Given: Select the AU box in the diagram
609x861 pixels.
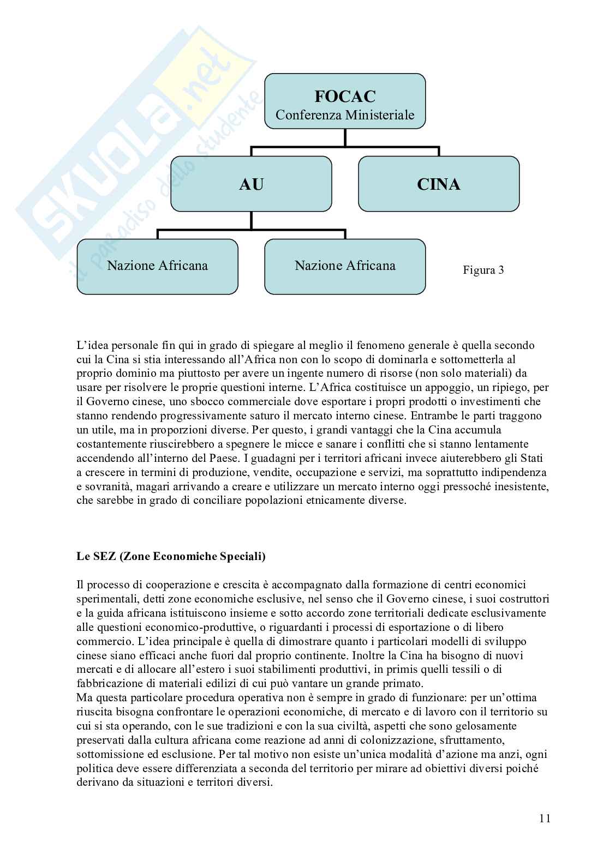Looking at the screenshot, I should click(251, 184).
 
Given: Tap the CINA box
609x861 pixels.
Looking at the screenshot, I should click(438, 184).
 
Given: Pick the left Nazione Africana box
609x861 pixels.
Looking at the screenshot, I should click(157, 266).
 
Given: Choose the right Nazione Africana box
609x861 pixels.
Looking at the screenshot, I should click(345, 266).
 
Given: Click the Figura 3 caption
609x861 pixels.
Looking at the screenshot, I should click(483, 270).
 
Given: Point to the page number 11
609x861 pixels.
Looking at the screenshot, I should click(545, 818).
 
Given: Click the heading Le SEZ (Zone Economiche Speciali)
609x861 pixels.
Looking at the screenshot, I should click(171, 557).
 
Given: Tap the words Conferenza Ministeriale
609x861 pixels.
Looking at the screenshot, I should click(345, 115).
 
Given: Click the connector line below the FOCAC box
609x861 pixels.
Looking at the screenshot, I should click(345, 137).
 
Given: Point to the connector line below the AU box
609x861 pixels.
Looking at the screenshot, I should click(251, 220).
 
